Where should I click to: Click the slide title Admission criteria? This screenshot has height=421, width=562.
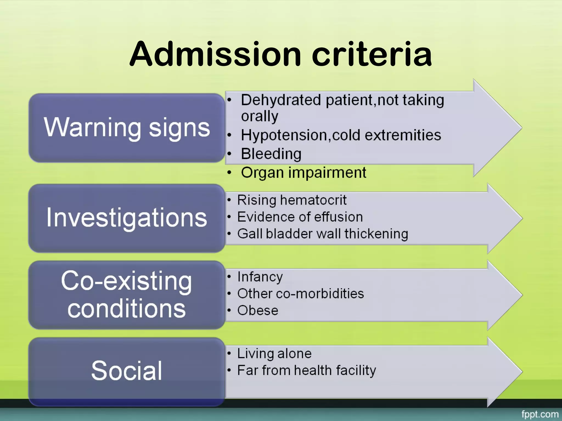(x=280, y=54)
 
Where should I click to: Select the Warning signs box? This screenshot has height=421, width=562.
(x=127, y=128)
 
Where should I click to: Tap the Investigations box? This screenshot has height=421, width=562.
(x=127, y=218)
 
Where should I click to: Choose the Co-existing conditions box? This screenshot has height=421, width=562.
(x=127, y=295)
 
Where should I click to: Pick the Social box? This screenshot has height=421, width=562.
(x=127, y=371)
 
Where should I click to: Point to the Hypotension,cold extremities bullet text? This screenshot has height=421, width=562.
(x=341, y=135)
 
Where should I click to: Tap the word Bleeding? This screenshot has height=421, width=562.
(x=271, y=154)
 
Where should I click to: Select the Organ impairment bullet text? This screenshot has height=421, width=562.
(x=304, y=173)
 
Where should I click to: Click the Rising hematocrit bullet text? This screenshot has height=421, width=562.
(x=292, y=200)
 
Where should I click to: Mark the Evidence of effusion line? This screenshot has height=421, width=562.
(x=300, y=217)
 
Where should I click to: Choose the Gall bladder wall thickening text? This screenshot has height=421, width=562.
(x=323, y=234)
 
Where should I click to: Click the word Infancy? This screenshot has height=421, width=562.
(x=260, y=277)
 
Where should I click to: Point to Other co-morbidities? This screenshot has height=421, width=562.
(x=300, y=294)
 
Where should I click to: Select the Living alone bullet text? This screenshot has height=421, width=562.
(x=274, y=354)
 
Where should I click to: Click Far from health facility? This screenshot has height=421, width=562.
(x=307, y=371)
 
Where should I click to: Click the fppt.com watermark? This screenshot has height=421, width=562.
(x=540, y=414)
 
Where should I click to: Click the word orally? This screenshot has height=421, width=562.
(x=260, y=116)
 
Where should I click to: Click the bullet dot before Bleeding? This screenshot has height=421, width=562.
(x=229, y=154)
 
